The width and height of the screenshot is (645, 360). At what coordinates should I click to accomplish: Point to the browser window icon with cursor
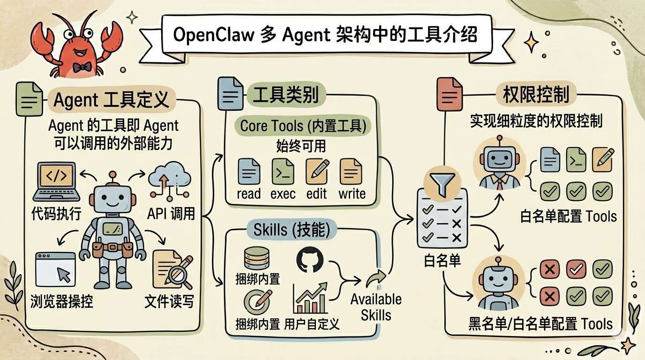click(x=55, y=269)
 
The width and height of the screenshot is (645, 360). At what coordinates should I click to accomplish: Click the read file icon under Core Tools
click(x=249, y=171)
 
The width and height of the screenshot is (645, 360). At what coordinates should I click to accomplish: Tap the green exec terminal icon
click(x=283, y=171)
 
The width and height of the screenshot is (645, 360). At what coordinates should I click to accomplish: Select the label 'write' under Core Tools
click(x=352, y=194)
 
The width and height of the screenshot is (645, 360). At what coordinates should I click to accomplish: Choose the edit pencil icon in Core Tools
click(x=317, y=171)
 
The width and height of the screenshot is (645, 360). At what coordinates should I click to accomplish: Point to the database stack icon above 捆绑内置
click(x=256, y=259)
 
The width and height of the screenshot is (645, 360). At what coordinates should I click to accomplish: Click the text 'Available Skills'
click(x=376, y=307)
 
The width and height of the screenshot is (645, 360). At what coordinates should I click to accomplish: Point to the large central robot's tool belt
click(x=112, y=247)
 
